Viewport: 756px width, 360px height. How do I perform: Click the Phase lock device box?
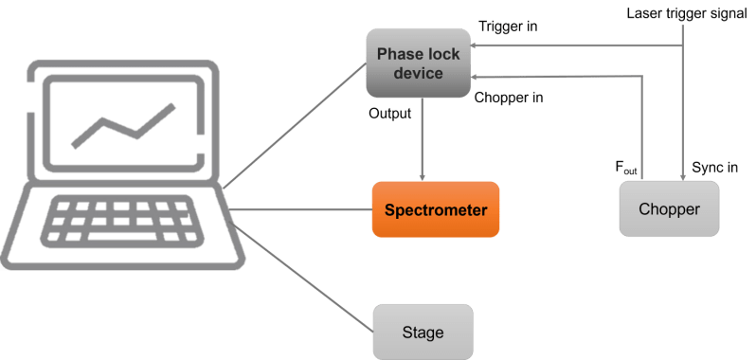click(417, 63)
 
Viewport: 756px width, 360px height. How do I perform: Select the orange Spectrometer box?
click(435, 209)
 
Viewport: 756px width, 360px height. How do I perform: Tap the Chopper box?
click(669, 208)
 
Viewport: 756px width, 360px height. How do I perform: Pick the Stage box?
click(423, 333)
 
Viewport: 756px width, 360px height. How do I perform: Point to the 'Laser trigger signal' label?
click(688, 13)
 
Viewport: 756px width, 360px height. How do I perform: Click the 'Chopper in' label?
click(508, 97)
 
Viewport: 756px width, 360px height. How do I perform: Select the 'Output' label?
click(389, 114)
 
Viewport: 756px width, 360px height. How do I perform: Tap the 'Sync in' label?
click(714, 168)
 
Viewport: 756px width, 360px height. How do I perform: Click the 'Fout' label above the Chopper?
click(626, 168)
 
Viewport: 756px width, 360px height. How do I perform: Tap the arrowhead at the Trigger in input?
click(475, 45)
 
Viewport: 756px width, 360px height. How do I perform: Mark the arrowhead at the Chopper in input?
click(475, 79)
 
